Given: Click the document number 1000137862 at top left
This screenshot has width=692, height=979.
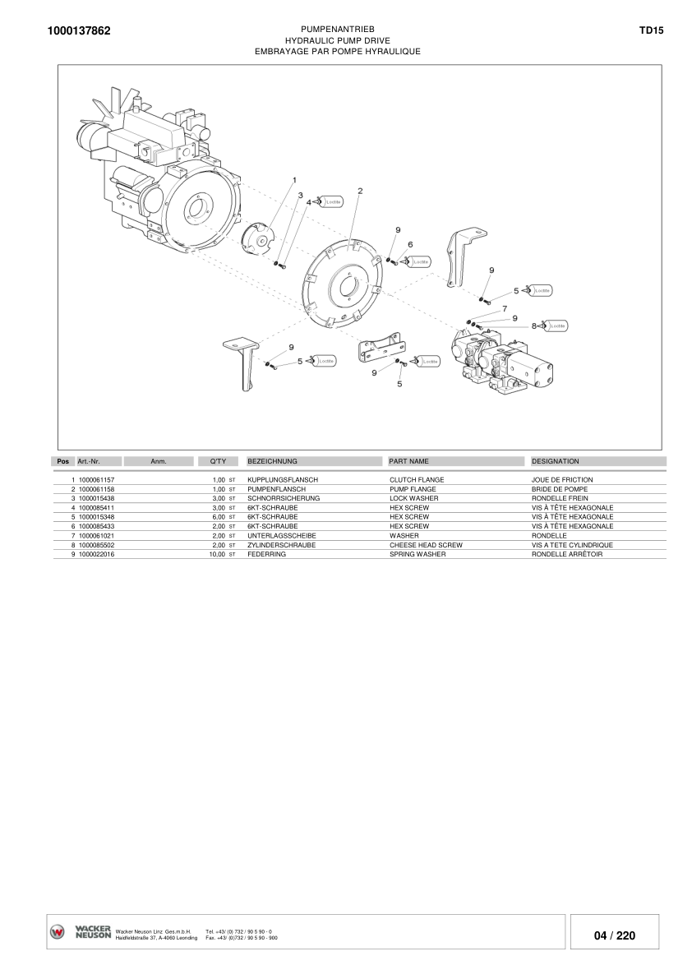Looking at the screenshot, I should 79,31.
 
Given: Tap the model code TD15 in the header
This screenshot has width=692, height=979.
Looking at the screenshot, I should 651,30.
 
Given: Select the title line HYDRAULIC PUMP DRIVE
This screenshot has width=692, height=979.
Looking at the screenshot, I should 337,39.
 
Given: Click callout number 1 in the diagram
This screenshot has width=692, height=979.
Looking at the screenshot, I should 294,179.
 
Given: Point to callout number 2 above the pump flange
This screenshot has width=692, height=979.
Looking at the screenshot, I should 360,190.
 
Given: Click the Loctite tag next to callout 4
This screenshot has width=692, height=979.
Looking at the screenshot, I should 332,201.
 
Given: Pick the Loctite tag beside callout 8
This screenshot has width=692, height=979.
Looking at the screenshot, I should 557,326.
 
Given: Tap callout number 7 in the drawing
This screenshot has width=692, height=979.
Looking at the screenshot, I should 503,307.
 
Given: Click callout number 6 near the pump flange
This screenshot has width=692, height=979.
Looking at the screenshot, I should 410,244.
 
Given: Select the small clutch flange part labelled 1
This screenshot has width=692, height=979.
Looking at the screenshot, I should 261,239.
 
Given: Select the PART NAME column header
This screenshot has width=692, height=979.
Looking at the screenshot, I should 408,462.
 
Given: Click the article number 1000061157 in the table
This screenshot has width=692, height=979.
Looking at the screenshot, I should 96,479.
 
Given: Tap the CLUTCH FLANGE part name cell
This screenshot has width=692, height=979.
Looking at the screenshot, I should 417,479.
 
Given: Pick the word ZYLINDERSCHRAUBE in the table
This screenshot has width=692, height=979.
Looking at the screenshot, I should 282,545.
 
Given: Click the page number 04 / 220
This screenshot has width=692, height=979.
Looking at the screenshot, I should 614,935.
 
